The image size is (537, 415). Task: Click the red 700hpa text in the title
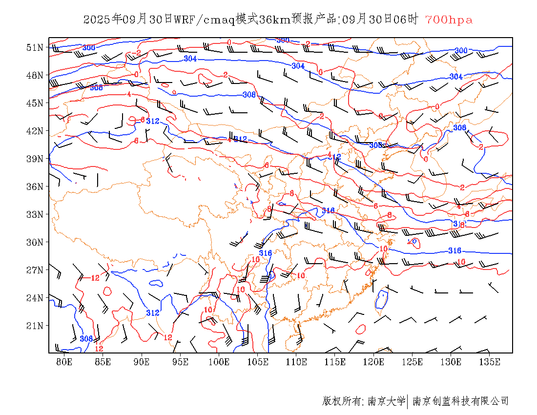click(x=449, y=20)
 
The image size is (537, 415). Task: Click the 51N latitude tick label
click(x=35, y=47)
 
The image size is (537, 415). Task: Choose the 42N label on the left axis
click(x=35, y=131)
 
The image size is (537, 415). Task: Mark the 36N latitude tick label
click(x=35, y=187)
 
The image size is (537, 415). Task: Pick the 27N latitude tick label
click(x=35, y=270)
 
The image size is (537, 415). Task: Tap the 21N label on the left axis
click(x=35, y=325)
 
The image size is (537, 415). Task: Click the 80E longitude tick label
click(x=64, y=362)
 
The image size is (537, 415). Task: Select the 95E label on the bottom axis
click(x=181, y=362)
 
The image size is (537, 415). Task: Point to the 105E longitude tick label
click(x=258, y=362)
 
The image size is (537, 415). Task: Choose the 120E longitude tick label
click(x=374, y=362)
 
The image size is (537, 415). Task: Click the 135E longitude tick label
click(x=490, y=362)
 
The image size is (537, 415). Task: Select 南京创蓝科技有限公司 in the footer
click(x=460, y=401)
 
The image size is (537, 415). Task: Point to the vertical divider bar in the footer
click(x=407, y=401)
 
